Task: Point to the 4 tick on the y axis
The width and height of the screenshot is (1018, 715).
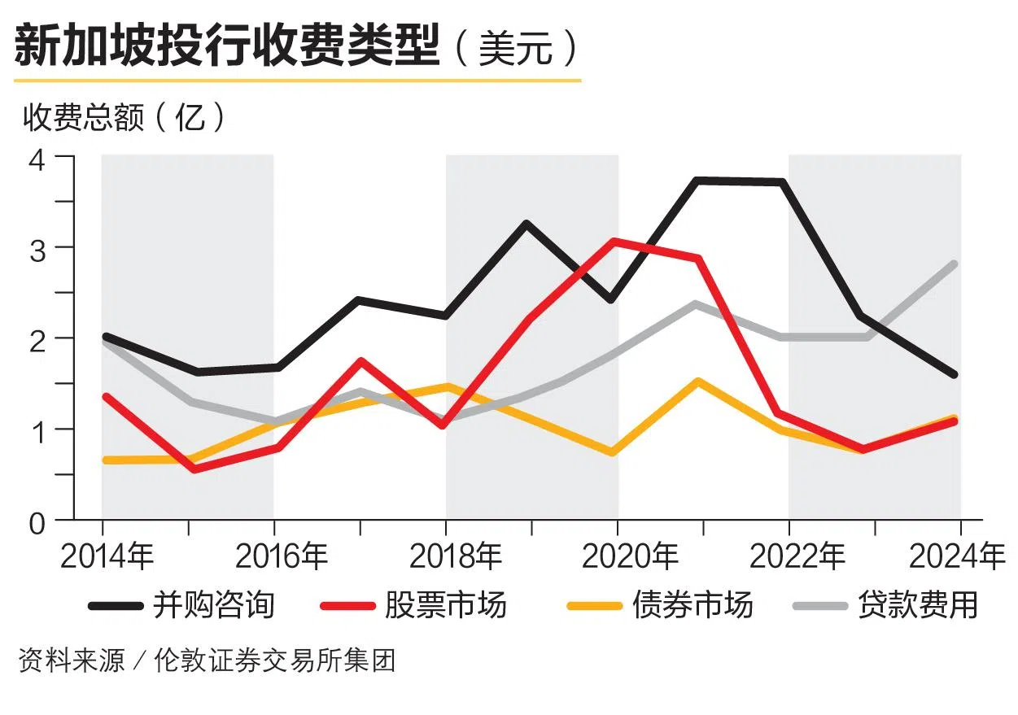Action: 38,159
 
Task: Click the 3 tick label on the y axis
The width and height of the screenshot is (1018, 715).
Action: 38,248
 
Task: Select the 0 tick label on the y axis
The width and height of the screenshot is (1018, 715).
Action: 38,522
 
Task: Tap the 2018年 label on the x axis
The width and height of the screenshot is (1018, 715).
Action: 455,557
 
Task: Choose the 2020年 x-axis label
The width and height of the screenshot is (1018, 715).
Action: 630,557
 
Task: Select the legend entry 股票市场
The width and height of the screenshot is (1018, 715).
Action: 446,605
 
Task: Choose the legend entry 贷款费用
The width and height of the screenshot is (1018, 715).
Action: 918,605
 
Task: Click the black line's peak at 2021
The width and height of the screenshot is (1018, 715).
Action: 699,180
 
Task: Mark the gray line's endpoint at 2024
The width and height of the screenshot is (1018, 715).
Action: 954,264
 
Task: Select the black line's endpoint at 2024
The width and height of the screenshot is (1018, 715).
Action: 954,375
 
